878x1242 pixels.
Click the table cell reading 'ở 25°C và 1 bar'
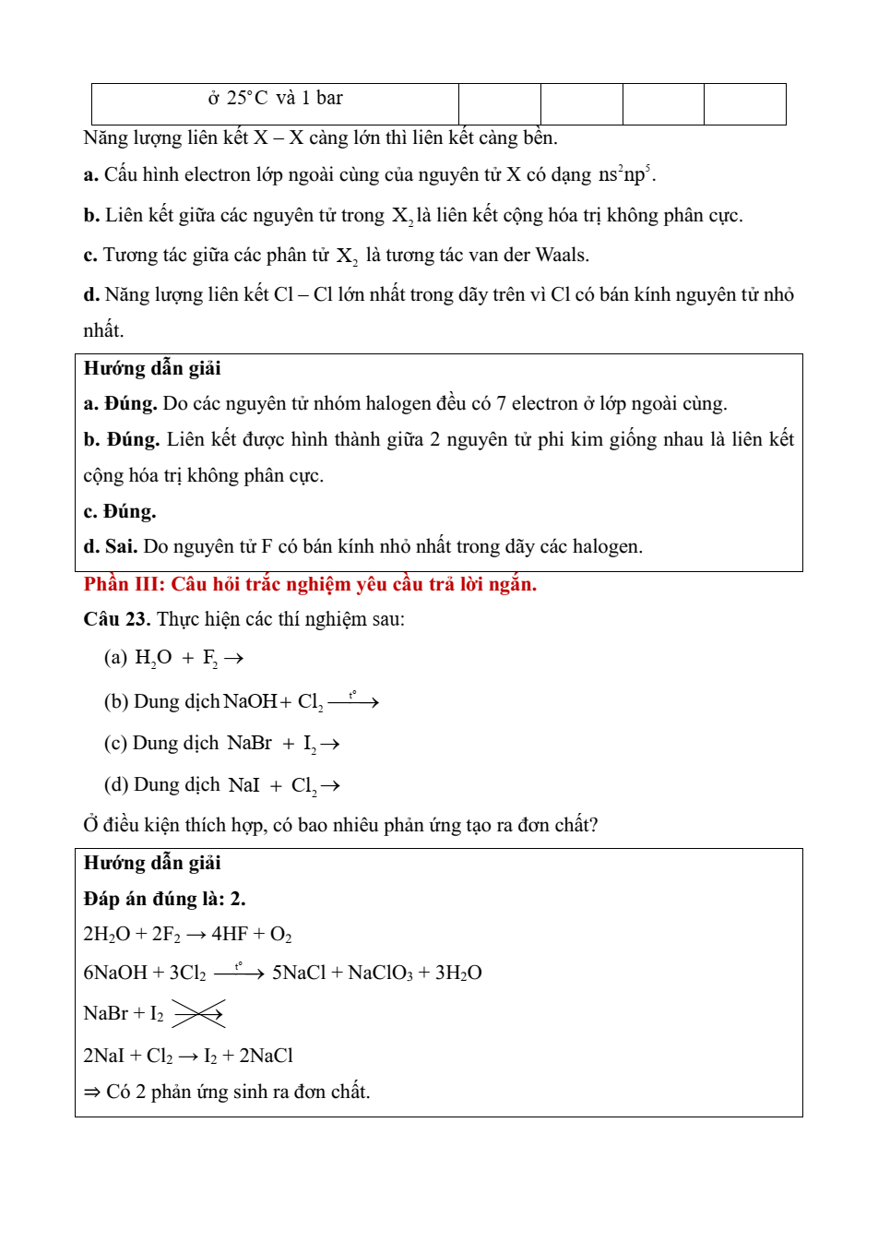(x=275, y=99)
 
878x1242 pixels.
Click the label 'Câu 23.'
(x=116, y=619)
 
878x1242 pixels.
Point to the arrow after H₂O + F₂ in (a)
(x=233, y=659)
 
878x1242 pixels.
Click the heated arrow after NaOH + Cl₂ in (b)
(x=353, y=702)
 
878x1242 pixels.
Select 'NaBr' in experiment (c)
(x=249, y=744)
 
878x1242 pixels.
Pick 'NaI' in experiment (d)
(x=244, y=786)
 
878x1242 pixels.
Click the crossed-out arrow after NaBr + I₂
(x=198, y=1014)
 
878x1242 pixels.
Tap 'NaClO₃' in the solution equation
(x=381, y=973)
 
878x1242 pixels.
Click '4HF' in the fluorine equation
(x=229, y=935)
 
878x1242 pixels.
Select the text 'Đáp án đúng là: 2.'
(x=164, y=900)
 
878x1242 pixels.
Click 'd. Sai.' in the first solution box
(x=110, y=547)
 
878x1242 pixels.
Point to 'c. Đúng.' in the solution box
(x=120, y=512)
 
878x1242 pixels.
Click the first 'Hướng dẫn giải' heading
(x=152, y=369)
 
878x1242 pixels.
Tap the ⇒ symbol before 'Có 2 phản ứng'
(x=92, y=1093)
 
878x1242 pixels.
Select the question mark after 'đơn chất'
(x=594, y=826)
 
